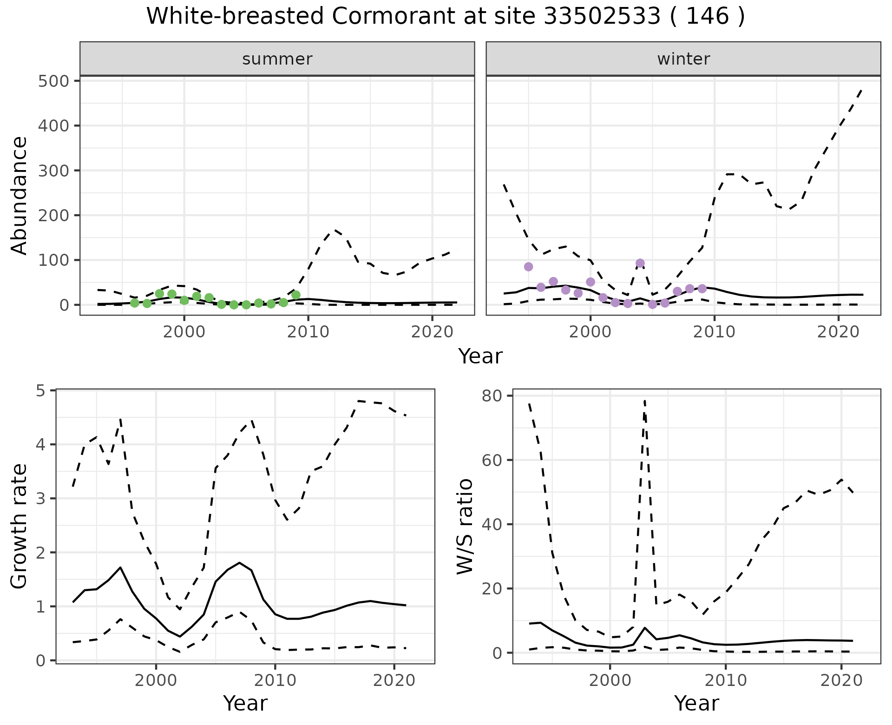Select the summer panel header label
tap(277, 59)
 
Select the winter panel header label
tap(683, 59)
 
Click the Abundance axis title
tap(20, 195)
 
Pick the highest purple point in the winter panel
tap(640, 264)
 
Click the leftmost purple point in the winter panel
tap(528, 267)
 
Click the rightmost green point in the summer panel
tap(296, 295)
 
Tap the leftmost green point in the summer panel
tap(135, 303)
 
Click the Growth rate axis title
tap(20, 527)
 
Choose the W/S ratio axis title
tap(465, 527)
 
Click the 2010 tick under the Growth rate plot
tap(275, 681)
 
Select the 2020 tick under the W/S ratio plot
tap(841, 681)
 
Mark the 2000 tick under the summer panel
tap(184, 332)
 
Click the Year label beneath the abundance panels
tap(480, 356)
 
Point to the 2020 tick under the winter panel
tap(838, 332)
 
